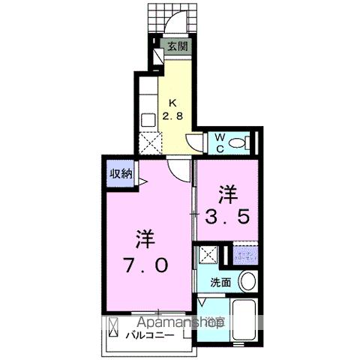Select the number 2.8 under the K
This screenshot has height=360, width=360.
(x=175, y=116)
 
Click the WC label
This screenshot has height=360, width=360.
(x=221, y=142)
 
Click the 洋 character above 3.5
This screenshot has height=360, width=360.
(x=227, y=194)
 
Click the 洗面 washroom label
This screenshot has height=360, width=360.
(x=220, y=283)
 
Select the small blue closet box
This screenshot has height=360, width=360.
(x=244, y=255)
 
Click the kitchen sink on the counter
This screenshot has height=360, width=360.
(x=148, y=118)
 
